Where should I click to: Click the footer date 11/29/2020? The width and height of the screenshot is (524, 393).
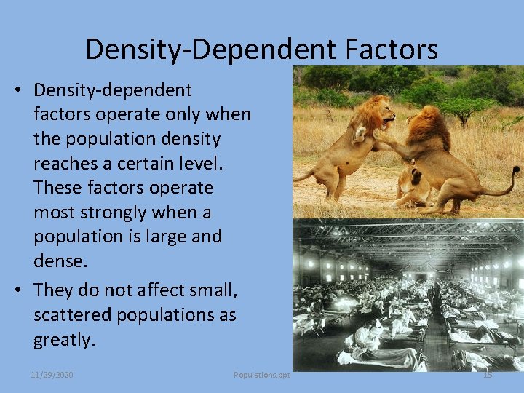tap(52, 375)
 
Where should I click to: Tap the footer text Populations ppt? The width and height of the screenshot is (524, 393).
tap(261, 375)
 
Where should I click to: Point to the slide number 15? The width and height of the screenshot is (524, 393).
tap(488, 375)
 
